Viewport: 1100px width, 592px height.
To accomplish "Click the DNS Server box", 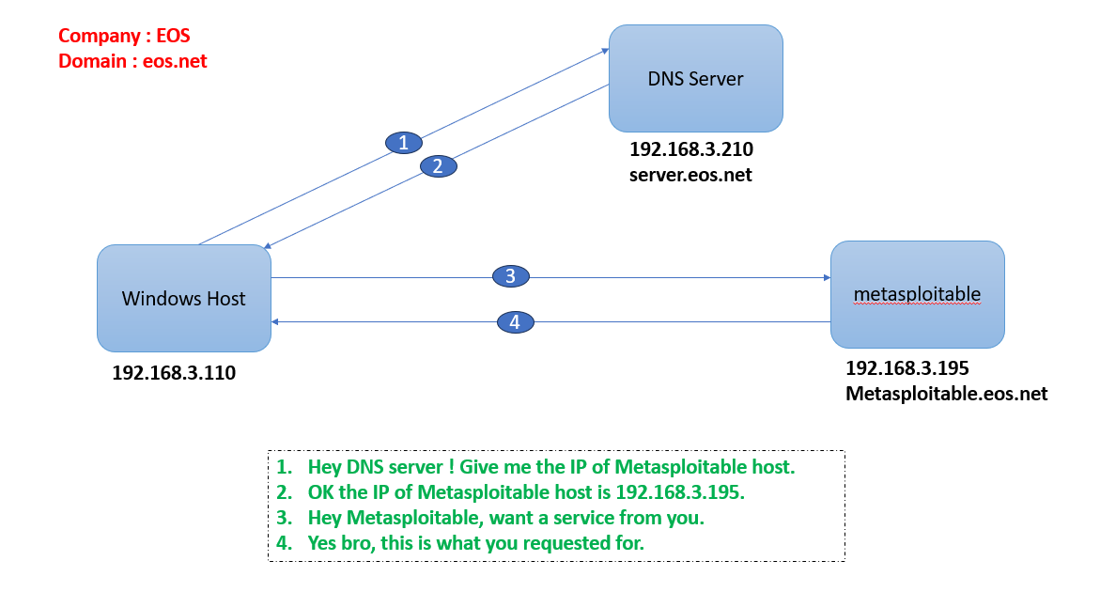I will (695, 79).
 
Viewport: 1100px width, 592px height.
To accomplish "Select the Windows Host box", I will (184, 299).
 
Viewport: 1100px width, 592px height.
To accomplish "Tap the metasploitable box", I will (917, 294).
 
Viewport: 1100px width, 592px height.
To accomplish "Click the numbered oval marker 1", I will (404, 143).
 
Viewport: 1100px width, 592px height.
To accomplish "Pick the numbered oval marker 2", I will (437, 166).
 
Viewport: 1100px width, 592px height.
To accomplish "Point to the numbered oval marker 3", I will (511, 276).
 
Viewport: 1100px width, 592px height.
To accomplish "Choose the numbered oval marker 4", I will (515, 322).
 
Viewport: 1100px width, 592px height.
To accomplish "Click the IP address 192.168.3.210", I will (691, 149).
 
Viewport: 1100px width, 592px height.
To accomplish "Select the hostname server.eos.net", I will (690, 175).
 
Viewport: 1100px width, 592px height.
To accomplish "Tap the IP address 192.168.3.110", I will (174, 373).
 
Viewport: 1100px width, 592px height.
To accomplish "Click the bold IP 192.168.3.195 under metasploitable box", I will (907, 368).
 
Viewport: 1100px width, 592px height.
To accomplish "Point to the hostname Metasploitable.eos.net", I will (946, 394).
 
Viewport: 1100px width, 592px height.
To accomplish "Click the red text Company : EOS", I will (124, 37).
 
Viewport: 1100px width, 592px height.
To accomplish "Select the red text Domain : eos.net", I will (132, 61).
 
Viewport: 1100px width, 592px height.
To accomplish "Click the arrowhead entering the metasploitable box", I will (826, 277).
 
